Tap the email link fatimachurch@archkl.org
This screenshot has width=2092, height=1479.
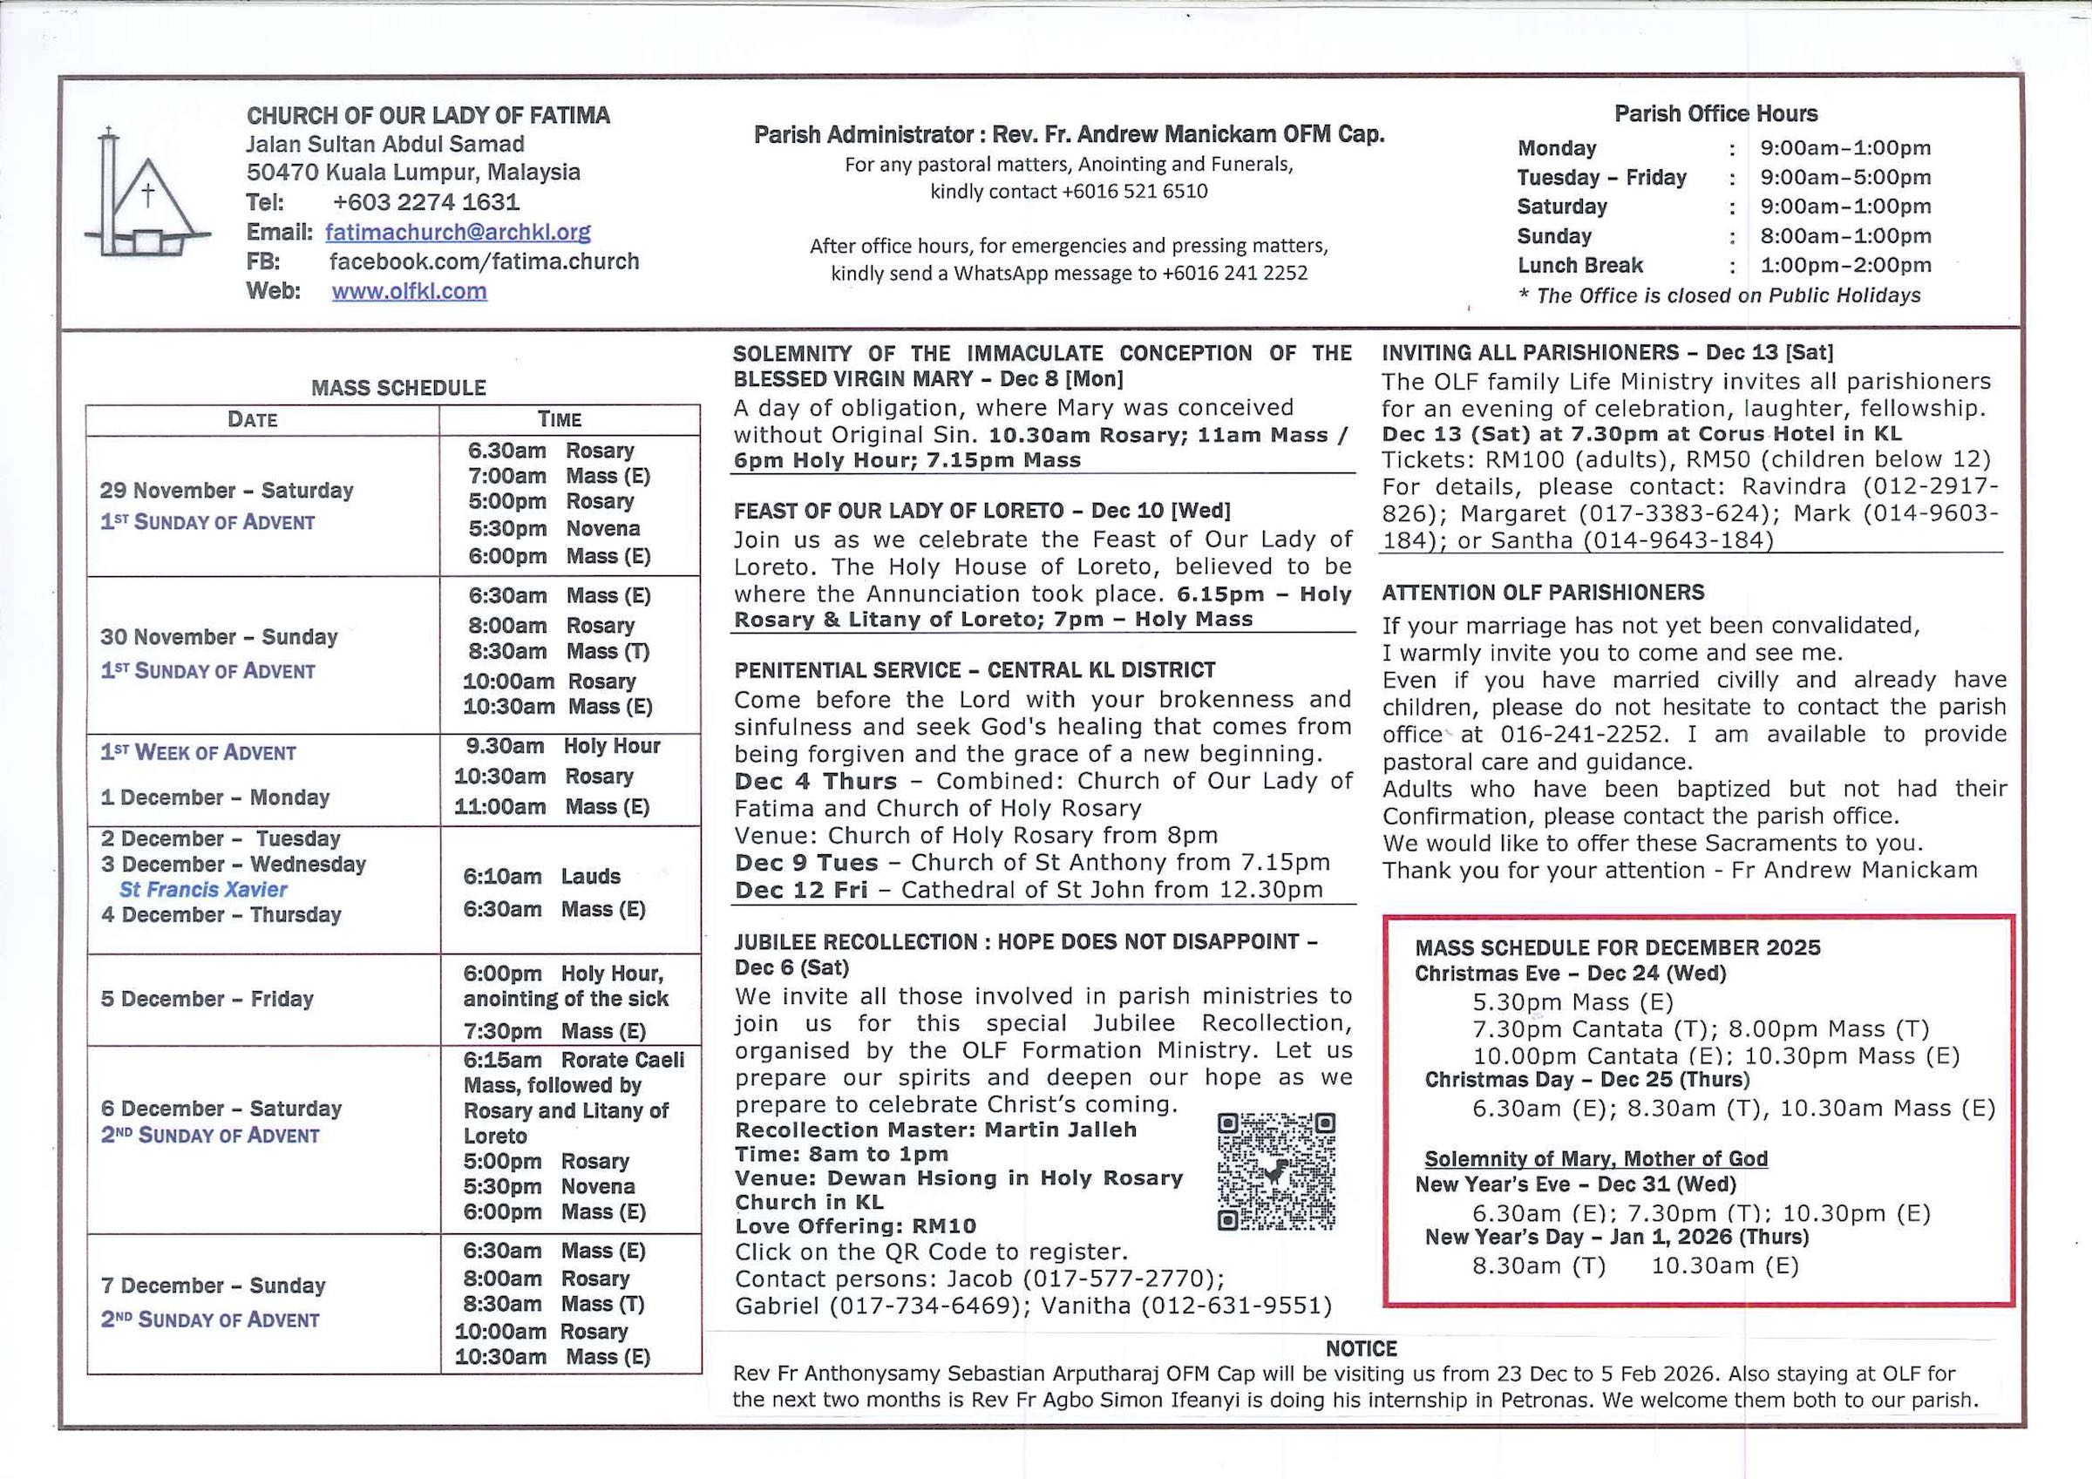pyautogui.click(x=458, y=233)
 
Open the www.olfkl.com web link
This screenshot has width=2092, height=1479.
pyautogui.click(x=409, y=292)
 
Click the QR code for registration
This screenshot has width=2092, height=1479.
pyautogui.click(x=1275, y=1171)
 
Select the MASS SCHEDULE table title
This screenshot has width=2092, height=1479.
pyautogui.click(x=398, y=388)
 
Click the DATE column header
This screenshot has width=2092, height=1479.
pyautogui.click(x=253, y=420)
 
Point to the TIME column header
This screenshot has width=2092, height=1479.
pyautogui.click(x=560, y=420)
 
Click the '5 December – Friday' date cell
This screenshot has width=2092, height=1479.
pyautogui.click(x=207, y=999)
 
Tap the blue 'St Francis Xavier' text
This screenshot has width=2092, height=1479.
pyautogui.click(x=203, y=890)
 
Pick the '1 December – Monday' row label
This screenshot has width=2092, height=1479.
pyautogui.click(x=215, y=797)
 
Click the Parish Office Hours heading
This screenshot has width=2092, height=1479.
pyautogui.click(x=1715, y=114)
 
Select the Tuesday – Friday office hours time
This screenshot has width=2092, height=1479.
pyautogui.click(x=1845, y=177)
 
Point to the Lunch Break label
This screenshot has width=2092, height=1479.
pyautogui.click(x=1580, y=265)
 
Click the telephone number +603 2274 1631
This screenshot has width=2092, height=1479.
pyautogui.click(x=425, y=202)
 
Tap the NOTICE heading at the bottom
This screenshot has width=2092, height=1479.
pyautogui.click(x=1362, y=1348)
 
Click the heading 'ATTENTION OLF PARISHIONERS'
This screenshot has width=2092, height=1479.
pyautogui.click(x=1543, y=594)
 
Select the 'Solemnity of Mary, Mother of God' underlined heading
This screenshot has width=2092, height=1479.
pyautogui.click(x=1595, y=1159)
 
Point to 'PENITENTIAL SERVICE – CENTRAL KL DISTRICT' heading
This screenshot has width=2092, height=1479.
pyautogui.click(x=974, y=671)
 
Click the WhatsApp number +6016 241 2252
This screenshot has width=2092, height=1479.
pyautogui.click(x=1234, y=274)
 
